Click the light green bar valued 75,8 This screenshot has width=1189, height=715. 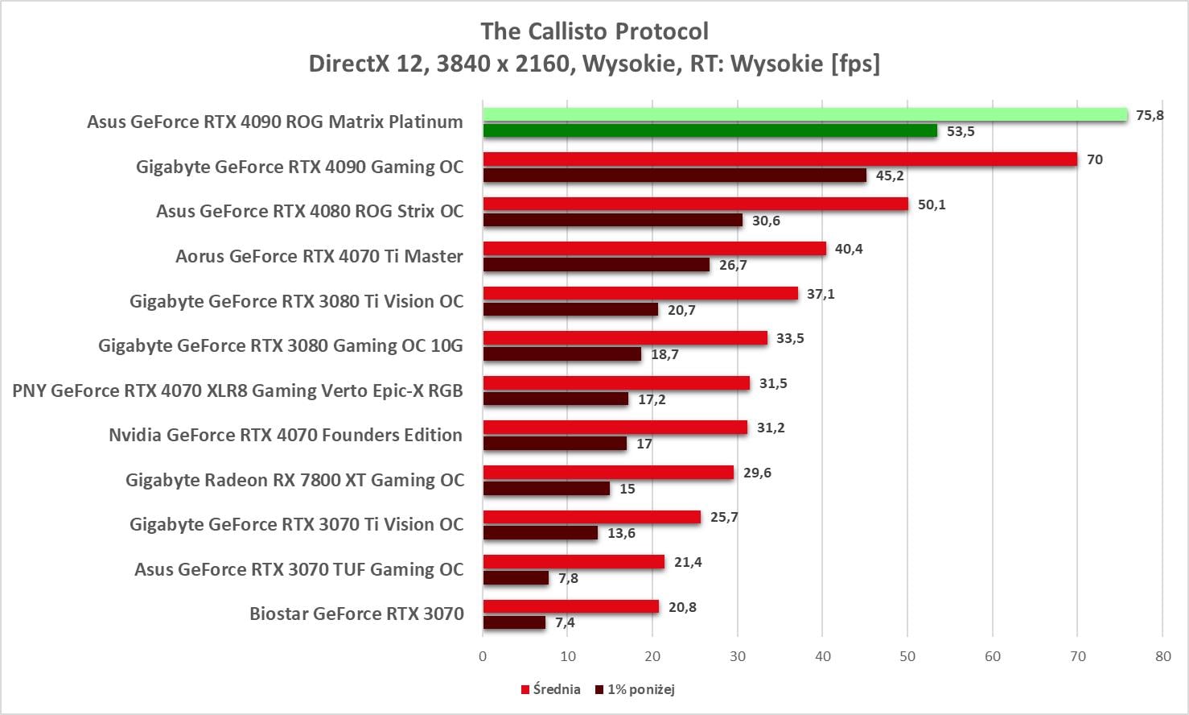pyautogui.click(x=804, y=115)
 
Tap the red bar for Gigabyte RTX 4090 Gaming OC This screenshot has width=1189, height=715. pyautogui.click(x=780, y=159)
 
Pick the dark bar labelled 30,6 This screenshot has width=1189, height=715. pyautogui.click(x=612, y=220)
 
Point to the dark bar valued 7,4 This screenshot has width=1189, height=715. pyautogui.click(x=514, y=622)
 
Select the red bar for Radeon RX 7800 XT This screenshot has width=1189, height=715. pyautogui.click(x=608, y=473)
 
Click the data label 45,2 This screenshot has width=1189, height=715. pyautogui.click(x=889, y=176)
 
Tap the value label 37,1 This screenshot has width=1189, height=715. pyautogui.click(x=821, y=294)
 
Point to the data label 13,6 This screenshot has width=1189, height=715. pyautogui.click(x=621, y=533)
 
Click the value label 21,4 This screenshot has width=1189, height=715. pyautogui.click(x=688, y=562)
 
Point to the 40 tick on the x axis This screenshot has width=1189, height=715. pyautogui.click(x=822, y=656)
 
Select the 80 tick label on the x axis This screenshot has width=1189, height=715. pyautogui.click(x=1162, y=656)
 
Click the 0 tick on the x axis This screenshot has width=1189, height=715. pyautogui.click(x=483, y=656)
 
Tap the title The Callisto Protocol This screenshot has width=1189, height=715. pyautogui.click(x=594, y=31)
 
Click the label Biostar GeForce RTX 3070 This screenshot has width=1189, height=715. pyautogui.click(x=356, y=614)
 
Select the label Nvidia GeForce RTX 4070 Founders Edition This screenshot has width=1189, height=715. pyautogui.click(x=286, y=435)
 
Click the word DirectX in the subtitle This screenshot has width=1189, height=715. pyautogui.click(x=348, y=64)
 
